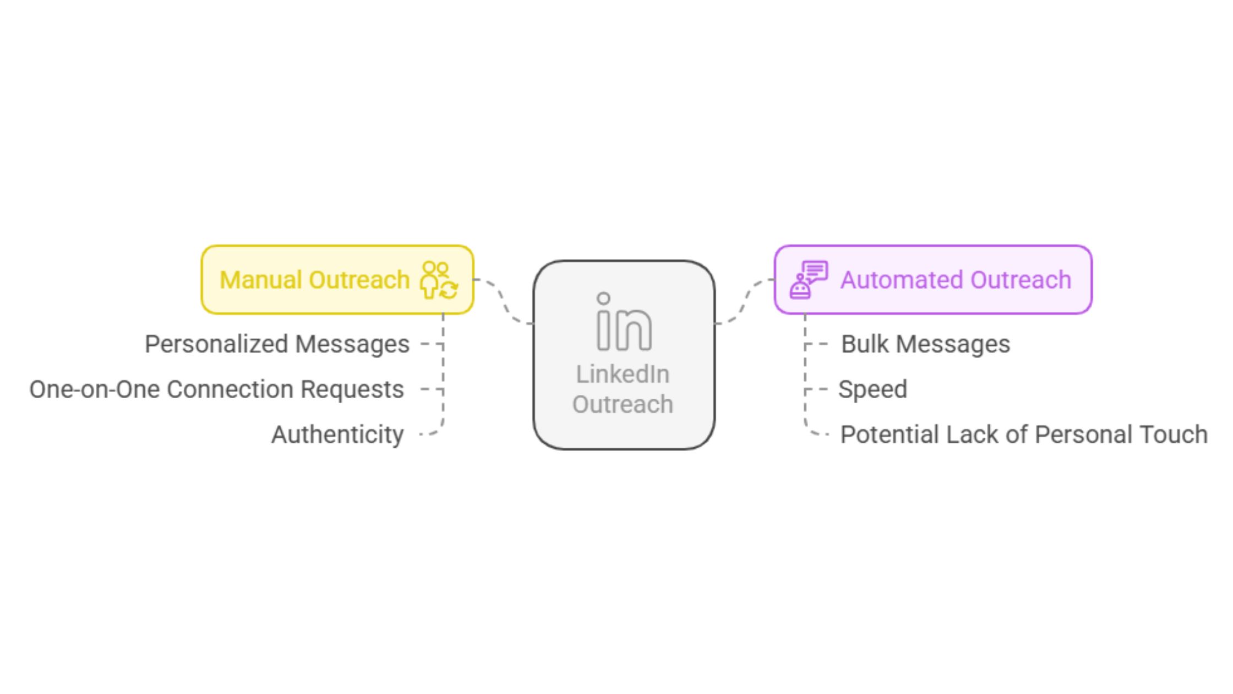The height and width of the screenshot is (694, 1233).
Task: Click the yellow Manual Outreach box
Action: click(x=337, y=280)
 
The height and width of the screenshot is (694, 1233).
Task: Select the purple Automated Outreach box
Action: click(x=933, y=280)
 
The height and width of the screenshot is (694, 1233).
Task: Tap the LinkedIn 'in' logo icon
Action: click(x=624, y=322)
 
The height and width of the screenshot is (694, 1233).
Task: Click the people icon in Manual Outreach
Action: click(x=439, y=280)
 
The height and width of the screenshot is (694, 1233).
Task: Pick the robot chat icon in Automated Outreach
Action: click(x=809, y=280)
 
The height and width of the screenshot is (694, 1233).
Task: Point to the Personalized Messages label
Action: click(x=277, y=344)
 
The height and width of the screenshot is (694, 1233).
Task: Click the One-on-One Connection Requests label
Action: click(x=216, y=389)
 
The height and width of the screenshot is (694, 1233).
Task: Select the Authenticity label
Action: click(x=337, y=435)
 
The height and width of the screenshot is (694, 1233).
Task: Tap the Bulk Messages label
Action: click(x=925, y=344)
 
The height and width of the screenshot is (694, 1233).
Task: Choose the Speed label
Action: click(x=872, y=390)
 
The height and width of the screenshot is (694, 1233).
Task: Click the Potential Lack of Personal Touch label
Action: click(x=1024, y=435)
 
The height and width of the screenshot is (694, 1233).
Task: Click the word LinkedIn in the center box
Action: click(x=623, y=375)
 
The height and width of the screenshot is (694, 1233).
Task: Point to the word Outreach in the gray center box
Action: click(x=623, y=404)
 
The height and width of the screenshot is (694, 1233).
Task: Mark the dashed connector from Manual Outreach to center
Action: click(x=503, y=302)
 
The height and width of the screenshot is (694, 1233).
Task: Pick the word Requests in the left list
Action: click(x=352, y=390)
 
